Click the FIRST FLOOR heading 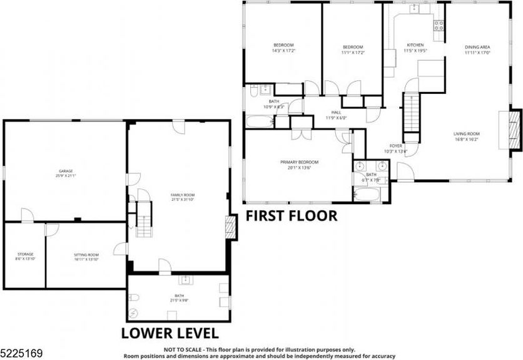pyautogui.click(x=291, y=216)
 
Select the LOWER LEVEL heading pyautogui.click(x=169, y=332)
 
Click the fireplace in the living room pyautogui.click(x=515, y=130)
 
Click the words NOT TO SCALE pyautogui.click(x=183, y=349)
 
